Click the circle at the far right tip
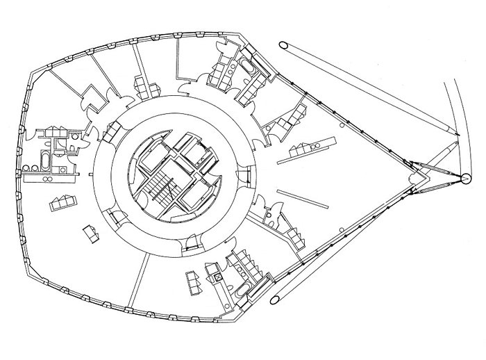coord(462,180)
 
